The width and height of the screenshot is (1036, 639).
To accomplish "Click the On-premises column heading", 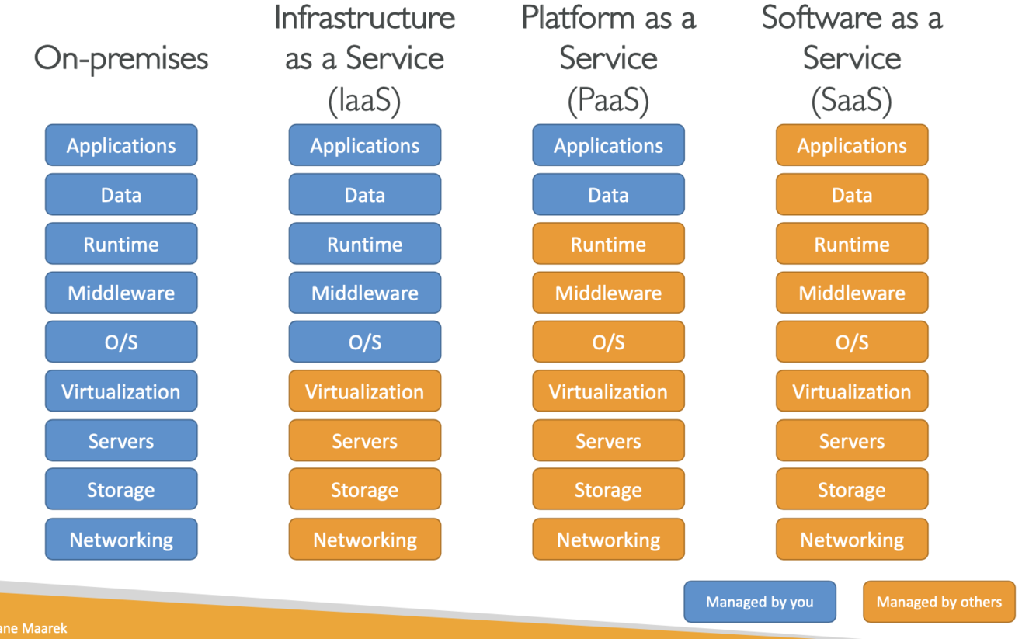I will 121,59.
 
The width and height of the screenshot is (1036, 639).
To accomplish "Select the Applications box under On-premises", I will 121,146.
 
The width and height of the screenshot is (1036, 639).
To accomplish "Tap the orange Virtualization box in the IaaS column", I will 364,391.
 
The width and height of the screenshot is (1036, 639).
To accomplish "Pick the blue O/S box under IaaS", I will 364,342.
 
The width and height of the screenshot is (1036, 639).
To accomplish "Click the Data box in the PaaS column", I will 608,195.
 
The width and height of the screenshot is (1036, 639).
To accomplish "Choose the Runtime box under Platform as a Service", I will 608,245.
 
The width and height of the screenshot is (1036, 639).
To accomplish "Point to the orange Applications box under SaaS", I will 852,146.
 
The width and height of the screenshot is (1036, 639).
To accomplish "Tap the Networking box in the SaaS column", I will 852,540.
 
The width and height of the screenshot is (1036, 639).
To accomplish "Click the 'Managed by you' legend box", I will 760,602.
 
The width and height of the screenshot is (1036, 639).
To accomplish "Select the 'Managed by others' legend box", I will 939,602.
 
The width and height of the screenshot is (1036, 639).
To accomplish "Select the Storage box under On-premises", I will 121,490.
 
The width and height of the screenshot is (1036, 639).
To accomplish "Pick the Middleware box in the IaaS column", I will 364,293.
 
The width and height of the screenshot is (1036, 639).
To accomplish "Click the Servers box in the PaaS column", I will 608,441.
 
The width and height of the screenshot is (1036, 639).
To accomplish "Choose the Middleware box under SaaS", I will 852,293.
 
